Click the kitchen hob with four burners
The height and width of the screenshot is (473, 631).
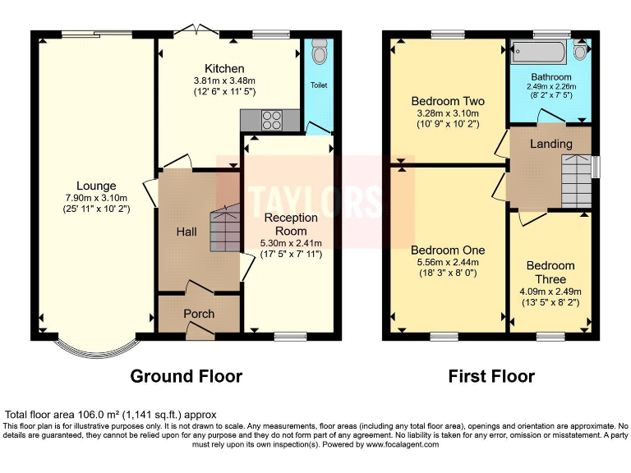coord(271,120)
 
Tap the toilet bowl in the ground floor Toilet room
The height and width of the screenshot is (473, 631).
coord(320,52)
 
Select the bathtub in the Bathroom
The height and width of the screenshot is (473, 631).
coord(538,53)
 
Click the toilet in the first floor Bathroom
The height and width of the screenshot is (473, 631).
coord(580,50)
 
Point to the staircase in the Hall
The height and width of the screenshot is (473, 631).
coord(225,228)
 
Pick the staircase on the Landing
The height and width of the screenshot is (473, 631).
coord(576,181)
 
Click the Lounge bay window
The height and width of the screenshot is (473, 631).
coord(97,347)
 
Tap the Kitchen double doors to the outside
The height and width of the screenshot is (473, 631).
coord(197,30)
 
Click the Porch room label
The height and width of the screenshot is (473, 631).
coord(199,314)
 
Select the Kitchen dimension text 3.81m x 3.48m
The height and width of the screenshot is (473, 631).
coord(224,80)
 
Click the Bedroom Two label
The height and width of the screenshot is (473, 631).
coord(448,101)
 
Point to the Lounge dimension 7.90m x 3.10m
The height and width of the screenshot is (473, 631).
coord(96,198)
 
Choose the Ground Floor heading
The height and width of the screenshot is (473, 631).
coord(187,376)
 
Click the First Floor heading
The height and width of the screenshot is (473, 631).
coord(491,376)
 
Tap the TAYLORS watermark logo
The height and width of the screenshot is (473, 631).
coord(315,201)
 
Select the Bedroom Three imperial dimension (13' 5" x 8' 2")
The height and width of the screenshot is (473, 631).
coord(550,302)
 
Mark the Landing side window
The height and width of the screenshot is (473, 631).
coord(596,167)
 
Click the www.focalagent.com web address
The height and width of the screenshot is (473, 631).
coord(402,444)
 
